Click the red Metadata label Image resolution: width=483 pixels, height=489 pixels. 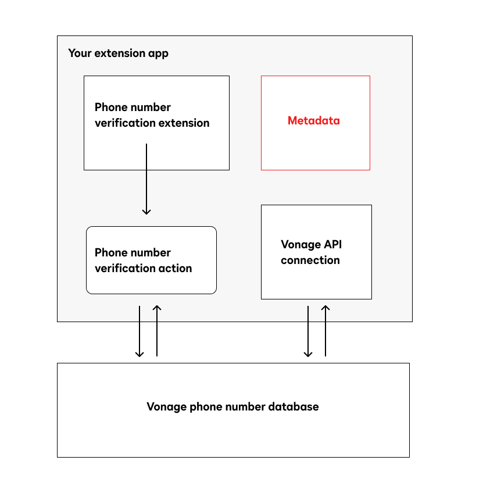pos(314,121)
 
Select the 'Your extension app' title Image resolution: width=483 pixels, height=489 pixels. pos(118,53)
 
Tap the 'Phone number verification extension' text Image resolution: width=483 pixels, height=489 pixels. pos(152,115)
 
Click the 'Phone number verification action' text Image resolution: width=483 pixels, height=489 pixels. pos(143,260)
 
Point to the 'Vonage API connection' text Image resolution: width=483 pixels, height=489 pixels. pos(310,252)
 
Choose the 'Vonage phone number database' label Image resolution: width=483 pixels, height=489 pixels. pos(232,406)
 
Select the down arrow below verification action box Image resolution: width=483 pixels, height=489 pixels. pos(139,331)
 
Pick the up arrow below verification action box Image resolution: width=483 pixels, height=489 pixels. pos(157,331)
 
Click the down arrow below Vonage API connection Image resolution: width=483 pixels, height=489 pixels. pos(308,331)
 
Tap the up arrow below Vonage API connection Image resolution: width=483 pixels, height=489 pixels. pos(325,331)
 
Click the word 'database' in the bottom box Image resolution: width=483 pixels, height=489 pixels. pos(294,406)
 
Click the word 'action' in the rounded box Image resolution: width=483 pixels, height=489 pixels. pos(176,269)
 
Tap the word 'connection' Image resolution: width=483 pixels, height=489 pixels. pos(310,260)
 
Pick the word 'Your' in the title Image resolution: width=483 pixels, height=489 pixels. pos(79,53)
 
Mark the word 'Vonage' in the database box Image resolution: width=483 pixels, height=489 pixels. pos(166,406)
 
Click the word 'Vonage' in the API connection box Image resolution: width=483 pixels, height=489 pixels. pos(300,245)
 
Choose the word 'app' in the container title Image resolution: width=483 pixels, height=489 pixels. pos(158,54)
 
